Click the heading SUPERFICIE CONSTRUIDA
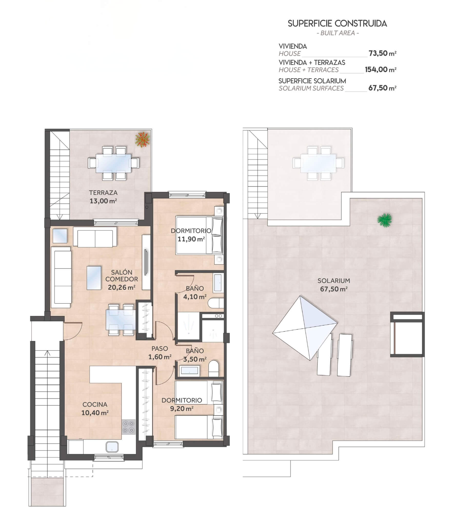click(x=337, y=24)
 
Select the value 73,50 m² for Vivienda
click(x=382, y=53)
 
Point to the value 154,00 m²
click(x=381, y=69)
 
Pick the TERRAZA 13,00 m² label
click(x=103, y=196)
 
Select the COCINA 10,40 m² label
click(x=95, y=409)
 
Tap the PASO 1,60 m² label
click(x=160, y=353)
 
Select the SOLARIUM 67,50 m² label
click(x=334, y=285)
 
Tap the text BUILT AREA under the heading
click(x=338, y=33)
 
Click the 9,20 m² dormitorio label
click(x=182, y=404)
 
